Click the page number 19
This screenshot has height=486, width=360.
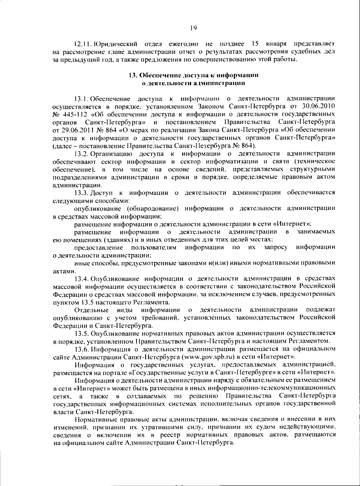[x=193, y=28]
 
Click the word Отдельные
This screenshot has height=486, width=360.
[x=91, y=309]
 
